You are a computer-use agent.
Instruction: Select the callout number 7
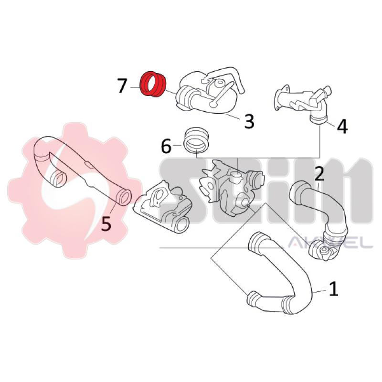tap(122, 86)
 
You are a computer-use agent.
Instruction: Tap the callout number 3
tap(249, 121)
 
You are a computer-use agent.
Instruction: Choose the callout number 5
tap(106, 223)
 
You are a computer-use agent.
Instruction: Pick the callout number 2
tap(319, 173)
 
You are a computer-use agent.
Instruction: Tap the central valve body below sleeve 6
tap(229, 186)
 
